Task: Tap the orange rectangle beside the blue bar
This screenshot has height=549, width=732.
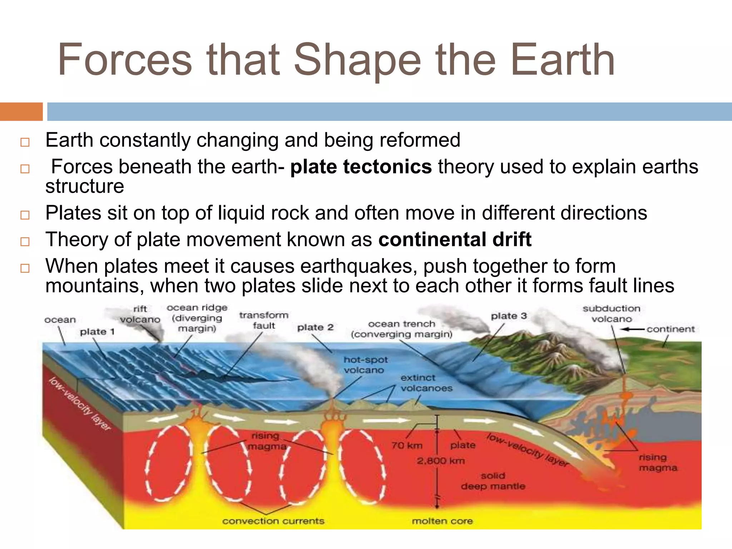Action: click(21, 112)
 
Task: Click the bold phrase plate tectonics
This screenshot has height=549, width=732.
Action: click(361, 167)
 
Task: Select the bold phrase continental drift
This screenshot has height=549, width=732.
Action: click(455, 239)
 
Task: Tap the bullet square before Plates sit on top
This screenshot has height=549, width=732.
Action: click(25, 215)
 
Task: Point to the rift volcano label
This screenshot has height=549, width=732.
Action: click(140, 314)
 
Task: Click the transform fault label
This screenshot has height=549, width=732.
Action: click(264, 320)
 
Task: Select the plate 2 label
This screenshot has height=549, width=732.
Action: click(315, 327)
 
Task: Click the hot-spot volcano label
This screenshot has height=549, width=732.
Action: click(365, 365)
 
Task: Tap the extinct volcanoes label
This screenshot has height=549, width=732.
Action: click(426, 383)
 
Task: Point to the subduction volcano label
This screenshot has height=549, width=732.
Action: click(611, 313)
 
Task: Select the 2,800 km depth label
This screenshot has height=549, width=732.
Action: click(441, 461)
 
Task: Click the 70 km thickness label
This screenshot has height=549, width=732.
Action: click(407, 446)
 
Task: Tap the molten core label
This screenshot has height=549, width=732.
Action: click(442, 521)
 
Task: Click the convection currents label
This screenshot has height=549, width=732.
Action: click(273, 521)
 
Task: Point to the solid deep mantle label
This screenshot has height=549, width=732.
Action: click(493, 481)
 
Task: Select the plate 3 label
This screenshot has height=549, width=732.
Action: click(509, 316)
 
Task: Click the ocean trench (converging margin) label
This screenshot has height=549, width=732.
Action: click(401, 329)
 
